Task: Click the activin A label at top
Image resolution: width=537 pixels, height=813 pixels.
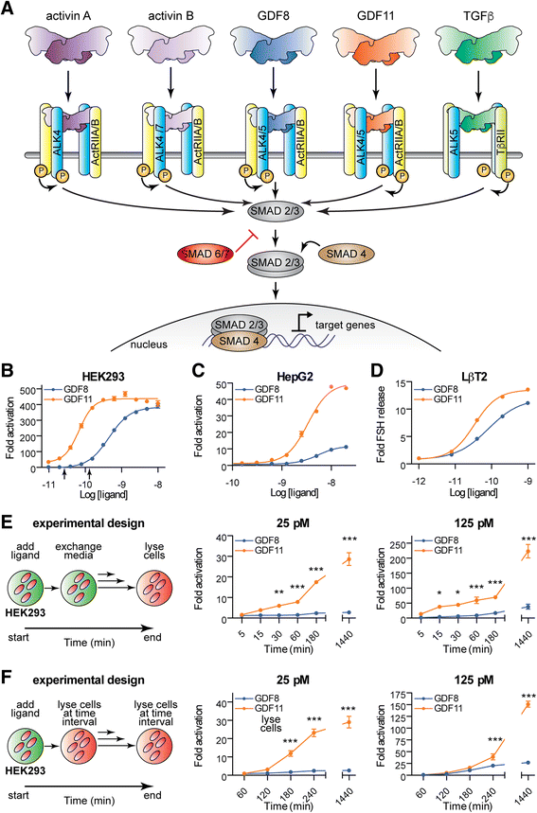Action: [x=69, y=14]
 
